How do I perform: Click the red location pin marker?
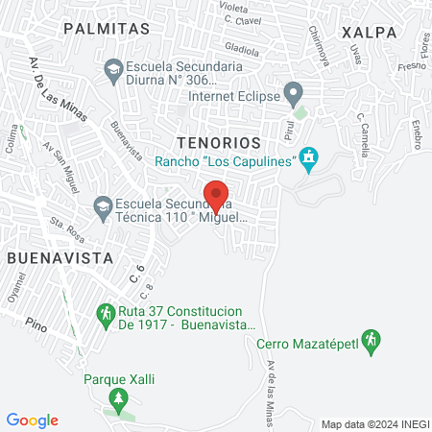tap(216, 195)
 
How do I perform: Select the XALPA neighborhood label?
tap(369, 32)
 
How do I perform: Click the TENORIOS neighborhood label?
tap(219, 141)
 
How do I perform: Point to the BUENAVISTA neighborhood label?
tap(60, 258)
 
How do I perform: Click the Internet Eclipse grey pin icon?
tap(295, 95)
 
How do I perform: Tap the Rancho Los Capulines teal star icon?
tap(308, 159)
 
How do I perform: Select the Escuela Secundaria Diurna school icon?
tap(113, 69)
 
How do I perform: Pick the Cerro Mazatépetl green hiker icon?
tap(374, 340)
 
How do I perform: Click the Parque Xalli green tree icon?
tap(118, 396)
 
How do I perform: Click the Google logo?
tap(33, 420)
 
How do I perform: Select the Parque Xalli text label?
tap(119, 378)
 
